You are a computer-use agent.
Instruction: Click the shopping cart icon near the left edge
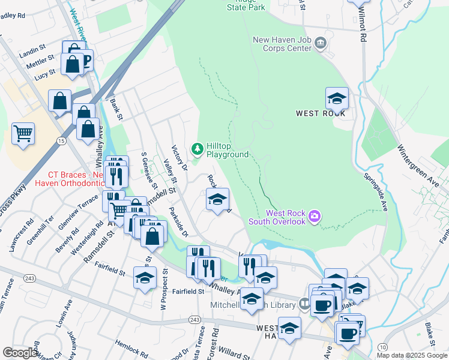click(x=23, y=134)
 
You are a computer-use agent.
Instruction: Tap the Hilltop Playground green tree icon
click(x=196, y=148)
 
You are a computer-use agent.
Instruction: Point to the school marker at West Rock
click(x=337, y=97)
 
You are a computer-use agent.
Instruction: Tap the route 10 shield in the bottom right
click(x=382, y=347)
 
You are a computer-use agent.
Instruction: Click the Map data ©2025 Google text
click(x=412, y=355)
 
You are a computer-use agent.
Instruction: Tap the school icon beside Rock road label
click(x=217, y=199)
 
